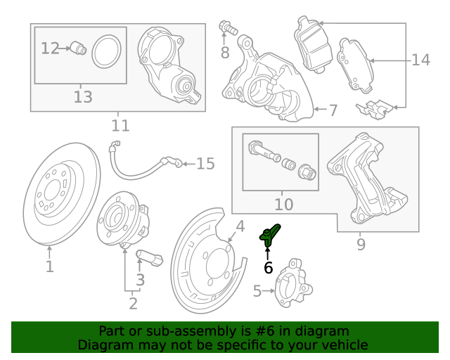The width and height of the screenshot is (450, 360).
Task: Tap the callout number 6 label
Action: tap(268, 268)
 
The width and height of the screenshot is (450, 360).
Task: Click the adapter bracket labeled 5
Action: tap(289, 283)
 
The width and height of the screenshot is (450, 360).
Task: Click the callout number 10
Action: tap(283, 205)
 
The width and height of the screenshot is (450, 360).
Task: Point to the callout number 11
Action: tap(120, 126)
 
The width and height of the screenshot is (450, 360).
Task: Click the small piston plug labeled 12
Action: tap(78, 49)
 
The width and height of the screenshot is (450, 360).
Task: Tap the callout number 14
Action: tap(420, 60)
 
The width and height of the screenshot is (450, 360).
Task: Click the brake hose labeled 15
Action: tap(141, 166)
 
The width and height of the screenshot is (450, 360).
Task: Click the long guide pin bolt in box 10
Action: tap(261, 151)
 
